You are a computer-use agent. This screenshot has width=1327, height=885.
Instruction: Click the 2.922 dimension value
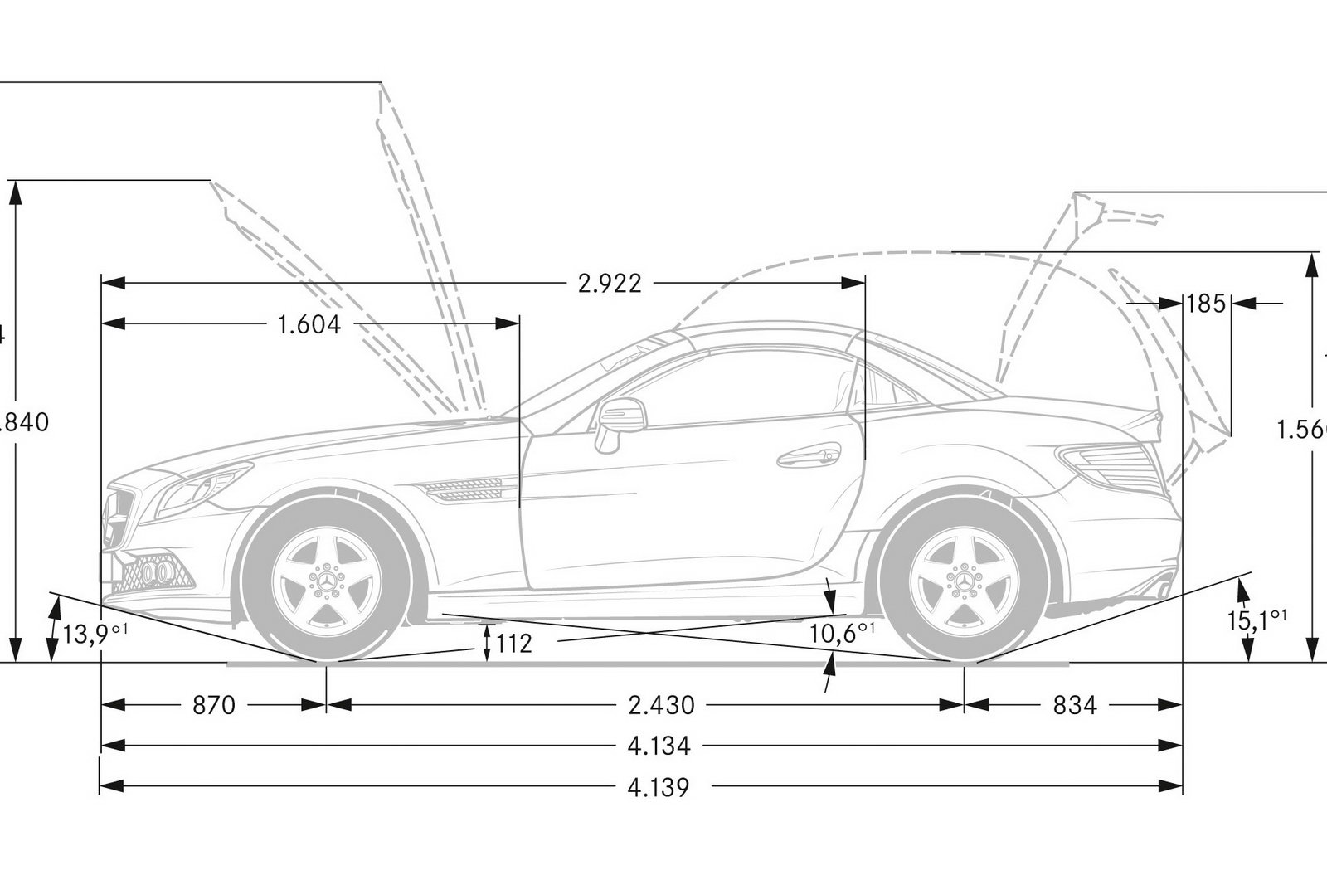coord(610,284)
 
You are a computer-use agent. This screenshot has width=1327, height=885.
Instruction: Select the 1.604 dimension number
coord(309,324)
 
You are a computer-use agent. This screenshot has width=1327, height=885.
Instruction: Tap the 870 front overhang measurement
coord(214,706)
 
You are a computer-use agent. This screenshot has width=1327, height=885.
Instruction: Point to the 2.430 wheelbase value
coord(661,706)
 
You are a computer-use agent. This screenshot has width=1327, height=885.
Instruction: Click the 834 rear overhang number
coord(1075,706)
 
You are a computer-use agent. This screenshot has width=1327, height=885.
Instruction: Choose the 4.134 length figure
coord(659,746)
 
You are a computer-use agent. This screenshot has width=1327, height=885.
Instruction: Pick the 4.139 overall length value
coord(659,786)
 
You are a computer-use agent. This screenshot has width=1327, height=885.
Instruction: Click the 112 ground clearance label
coord(514,643)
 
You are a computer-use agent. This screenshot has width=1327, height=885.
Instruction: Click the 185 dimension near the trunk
coord(1206,304)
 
